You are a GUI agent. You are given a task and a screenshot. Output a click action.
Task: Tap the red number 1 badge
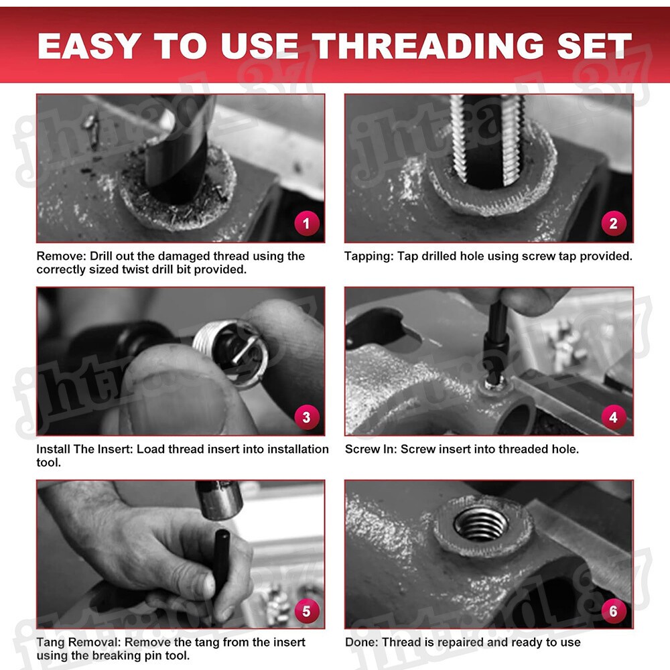(x=306, y=223)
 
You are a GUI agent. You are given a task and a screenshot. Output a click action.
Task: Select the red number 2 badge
(x=614, y=223)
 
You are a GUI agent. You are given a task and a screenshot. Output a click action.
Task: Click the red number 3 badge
(x=306, y=417)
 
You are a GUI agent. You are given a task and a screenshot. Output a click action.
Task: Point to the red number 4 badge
(x=614, y=417)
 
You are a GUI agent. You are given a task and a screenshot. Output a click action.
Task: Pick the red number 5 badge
(x=306, y=610)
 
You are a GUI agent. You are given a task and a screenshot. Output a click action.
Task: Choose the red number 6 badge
(x=614, y=610)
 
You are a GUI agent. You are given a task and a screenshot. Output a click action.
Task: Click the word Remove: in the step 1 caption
(x=61, y=256)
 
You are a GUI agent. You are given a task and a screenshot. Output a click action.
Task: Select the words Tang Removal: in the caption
(x=78, y=643)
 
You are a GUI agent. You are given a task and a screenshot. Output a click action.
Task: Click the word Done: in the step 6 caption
(x=362, y=643)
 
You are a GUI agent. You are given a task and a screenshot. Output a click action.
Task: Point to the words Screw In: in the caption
(x=371, y=449)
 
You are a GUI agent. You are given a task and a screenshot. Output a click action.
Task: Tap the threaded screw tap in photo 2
(x=486, y=140)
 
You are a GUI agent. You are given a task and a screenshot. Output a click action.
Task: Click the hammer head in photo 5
(x=219, y=500)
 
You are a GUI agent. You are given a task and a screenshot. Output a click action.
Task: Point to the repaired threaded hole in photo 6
(x=481, y=523)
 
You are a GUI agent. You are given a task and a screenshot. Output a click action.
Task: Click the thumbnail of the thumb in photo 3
(x=179, y=401)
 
